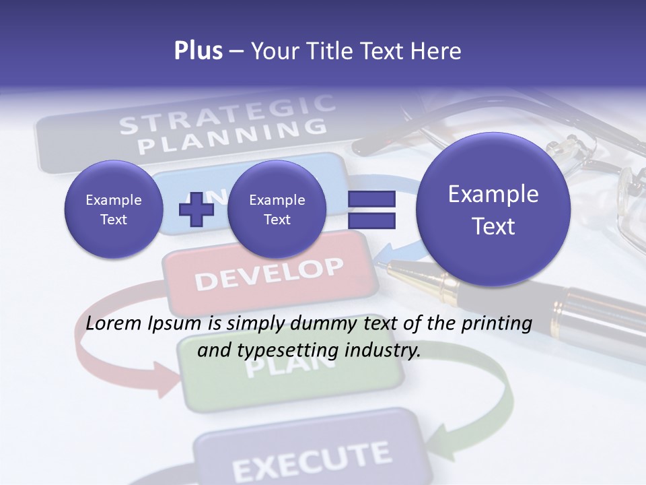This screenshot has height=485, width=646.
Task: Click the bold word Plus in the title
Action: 198,51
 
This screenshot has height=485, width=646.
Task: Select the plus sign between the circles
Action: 196,210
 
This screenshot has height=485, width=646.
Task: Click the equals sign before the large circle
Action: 371,209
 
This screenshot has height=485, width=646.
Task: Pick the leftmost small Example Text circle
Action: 113,209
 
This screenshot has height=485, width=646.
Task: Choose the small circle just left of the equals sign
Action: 277,209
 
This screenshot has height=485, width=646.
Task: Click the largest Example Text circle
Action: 493,209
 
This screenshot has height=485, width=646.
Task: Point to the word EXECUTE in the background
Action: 311,459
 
